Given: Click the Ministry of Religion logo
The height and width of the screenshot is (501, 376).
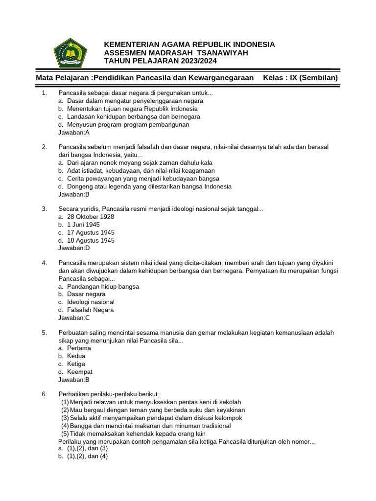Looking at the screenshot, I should [x=70, y=52].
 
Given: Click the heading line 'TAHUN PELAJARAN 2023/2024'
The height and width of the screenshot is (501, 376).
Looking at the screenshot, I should [x=160, y=61].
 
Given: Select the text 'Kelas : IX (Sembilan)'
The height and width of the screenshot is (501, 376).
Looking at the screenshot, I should [x=300, y=78].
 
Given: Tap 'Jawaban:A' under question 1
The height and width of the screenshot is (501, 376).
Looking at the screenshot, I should [x=74, y=132].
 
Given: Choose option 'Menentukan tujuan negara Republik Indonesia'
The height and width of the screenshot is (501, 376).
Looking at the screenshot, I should [x=132, y=109].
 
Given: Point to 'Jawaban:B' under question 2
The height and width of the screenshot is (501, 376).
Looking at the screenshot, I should [x=74, y=194].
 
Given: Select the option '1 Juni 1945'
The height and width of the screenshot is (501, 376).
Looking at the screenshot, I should [x=83, y=225].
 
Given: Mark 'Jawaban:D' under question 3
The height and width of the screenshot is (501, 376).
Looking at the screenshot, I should [x=74, y=248].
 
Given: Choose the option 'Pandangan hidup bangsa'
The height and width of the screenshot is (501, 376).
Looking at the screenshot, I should [x=103, y=286].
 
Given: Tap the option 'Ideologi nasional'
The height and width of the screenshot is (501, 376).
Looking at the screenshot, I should [x=91, y=302].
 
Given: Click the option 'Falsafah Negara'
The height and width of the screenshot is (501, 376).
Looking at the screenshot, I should [x=90, y=310].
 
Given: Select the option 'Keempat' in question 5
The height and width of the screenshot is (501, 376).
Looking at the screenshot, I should [x=80, y=372].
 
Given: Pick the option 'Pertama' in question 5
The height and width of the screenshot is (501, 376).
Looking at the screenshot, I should [x=79, y=348].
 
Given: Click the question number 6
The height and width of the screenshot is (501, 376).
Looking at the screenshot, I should [x=44, y=394].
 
